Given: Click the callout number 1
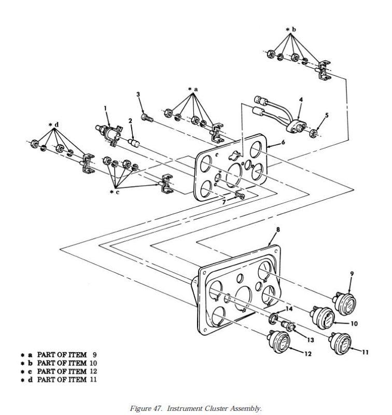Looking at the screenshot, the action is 105,108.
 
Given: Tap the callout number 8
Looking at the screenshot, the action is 278,229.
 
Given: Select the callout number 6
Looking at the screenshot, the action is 283,142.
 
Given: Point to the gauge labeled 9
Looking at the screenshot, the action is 345,303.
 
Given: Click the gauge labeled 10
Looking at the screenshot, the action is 323,317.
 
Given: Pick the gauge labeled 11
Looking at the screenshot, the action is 341,343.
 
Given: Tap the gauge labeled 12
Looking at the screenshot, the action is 279,341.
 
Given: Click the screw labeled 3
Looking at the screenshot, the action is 147,118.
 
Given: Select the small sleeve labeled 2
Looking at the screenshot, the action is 134,143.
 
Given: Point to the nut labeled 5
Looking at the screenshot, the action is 313,133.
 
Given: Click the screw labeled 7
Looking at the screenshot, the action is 240,196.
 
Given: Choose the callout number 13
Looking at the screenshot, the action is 310,340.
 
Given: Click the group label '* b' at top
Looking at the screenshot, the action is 291,30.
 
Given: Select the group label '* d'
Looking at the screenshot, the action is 54,125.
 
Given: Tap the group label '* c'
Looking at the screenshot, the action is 115,192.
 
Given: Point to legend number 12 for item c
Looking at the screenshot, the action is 93,371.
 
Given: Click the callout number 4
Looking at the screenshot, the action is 301,100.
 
